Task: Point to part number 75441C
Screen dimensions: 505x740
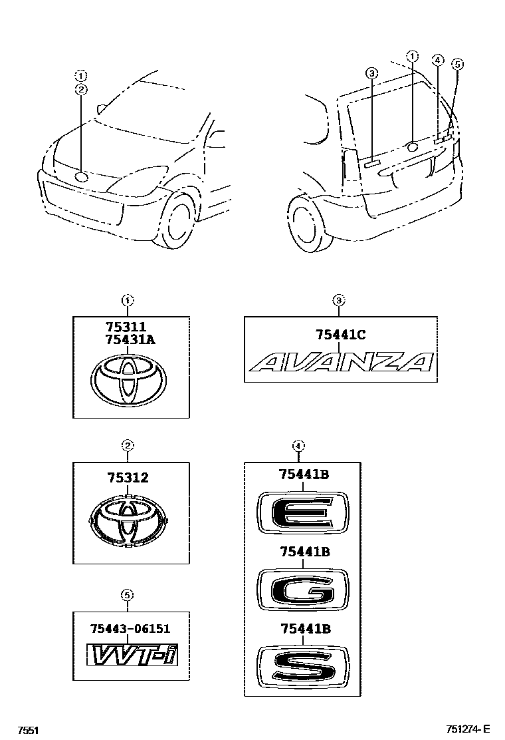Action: (340, 336)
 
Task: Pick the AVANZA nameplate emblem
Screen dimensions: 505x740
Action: (341, 362)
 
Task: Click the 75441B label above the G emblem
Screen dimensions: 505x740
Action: (305, 552)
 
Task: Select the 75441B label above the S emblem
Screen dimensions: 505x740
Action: (305, 627)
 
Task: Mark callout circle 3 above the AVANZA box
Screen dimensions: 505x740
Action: (338, 301)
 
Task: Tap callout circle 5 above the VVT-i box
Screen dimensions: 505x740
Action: (126, 594)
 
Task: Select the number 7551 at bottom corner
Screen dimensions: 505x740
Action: (27, 730)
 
